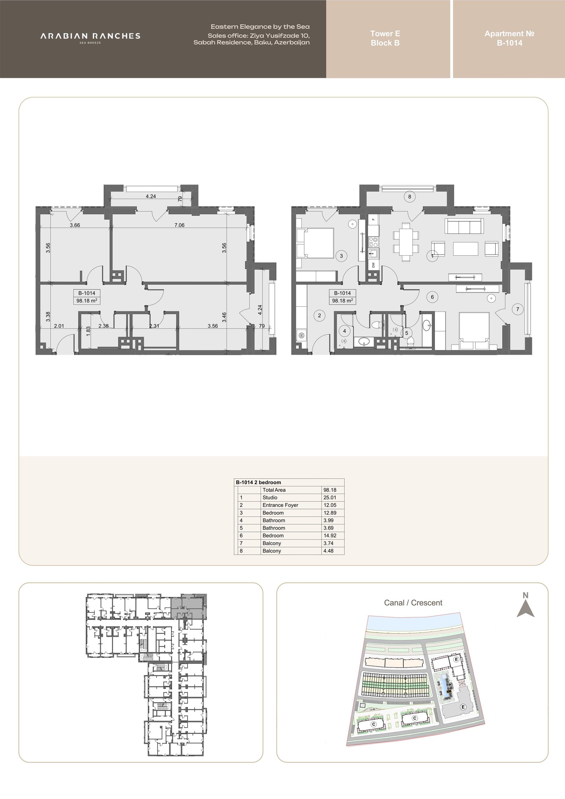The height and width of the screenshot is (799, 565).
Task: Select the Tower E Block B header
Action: pos(385,38)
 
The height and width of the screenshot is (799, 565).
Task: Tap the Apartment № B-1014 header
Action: pos(509,38)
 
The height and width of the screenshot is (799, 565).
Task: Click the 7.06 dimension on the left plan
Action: pos(179,225)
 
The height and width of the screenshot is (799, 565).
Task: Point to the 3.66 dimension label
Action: pos(75,225)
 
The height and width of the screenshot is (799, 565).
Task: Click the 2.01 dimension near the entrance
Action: pos(59,326)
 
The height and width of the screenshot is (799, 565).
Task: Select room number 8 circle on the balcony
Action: pos(409,197)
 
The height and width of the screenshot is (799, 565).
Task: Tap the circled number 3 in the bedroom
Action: pos(341,256)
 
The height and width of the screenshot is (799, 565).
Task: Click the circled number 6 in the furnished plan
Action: pos(432,297)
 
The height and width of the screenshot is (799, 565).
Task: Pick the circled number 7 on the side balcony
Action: pos(518,309)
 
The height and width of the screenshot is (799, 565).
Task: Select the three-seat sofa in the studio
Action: pos(464,226)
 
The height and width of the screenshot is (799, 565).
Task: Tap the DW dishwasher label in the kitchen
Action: pos(373,265)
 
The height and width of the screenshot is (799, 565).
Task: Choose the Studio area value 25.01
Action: pos(330,498)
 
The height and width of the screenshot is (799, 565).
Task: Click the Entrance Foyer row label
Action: pos(280,505)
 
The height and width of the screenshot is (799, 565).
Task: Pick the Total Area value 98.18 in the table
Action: pos(330,490)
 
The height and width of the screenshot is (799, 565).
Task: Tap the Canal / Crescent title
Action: pos(413,603)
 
